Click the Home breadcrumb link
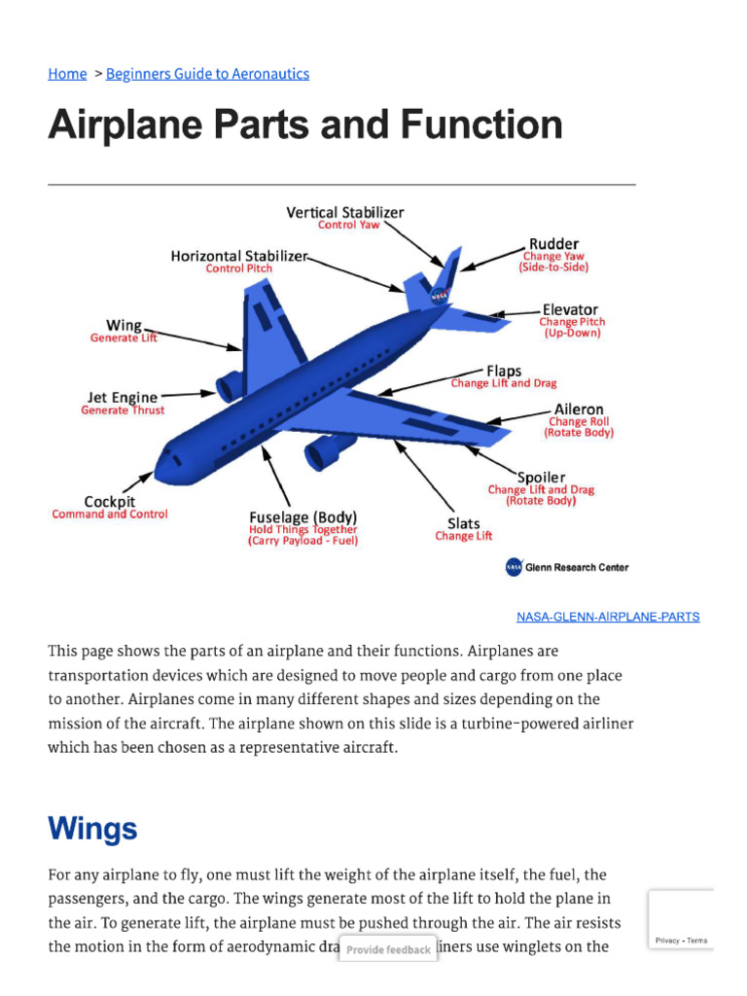coord(67,74)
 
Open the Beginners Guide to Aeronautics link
coord(207,74)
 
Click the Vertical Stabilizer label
coord(344,212)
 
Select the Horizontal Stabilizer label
coord(238,256)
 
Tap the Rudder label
coord(553,244)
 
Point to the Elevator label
coord(570,310)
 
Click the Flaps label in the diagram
coord(504,371)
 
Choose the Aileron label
coord(579,409)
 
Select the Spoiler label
coord(541,478)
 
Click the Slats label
coord(463,523)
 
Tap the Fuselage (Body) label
coord(302,516)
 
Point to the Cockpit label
coord(109,502)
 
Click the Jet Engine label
coord(122,397)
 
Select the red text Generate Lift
coord(124,338)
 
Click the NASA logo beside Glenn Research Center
coord(514,567)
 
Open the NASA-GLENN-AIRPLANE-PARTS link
coord(607,617)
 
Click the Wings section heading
coord(92,829)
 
